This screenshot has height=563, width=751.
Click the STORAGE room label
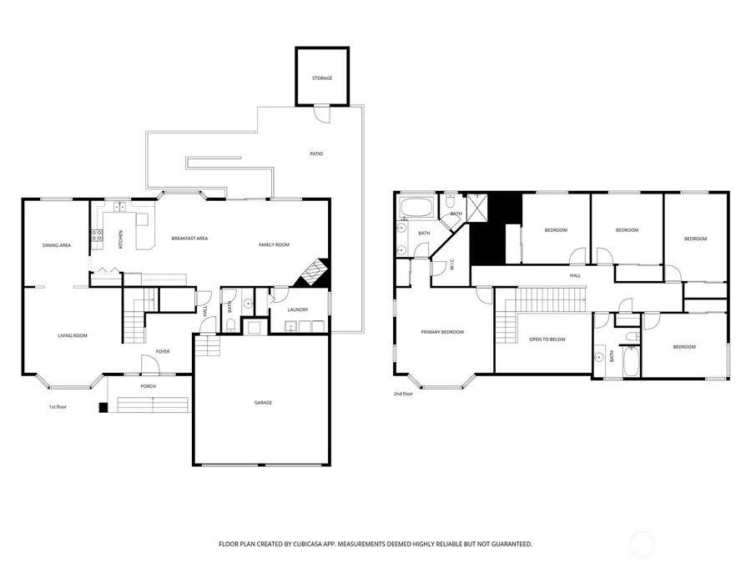322,78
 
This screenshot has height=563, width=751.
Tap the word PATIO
316,153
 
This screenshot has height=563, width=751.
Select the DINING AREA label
56,245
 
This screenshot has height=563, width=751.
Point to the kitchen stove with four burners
96,236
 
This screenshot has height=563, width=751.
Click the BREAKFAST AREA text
189,239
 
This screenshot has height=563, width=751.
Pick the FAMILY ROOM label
274,244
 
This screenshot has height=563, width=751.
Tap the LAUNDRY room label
298,310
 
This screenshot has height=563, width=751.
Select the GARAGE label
263,403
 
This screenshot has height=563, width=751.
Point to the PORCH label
148,386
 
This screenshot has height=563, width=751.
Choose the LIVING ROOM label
73,335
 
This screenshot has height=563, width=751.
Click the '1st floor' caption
58,407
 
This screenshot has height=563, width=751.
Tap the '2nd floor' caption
403,394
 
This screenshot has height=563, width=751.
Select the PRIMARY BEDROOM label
442,332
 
